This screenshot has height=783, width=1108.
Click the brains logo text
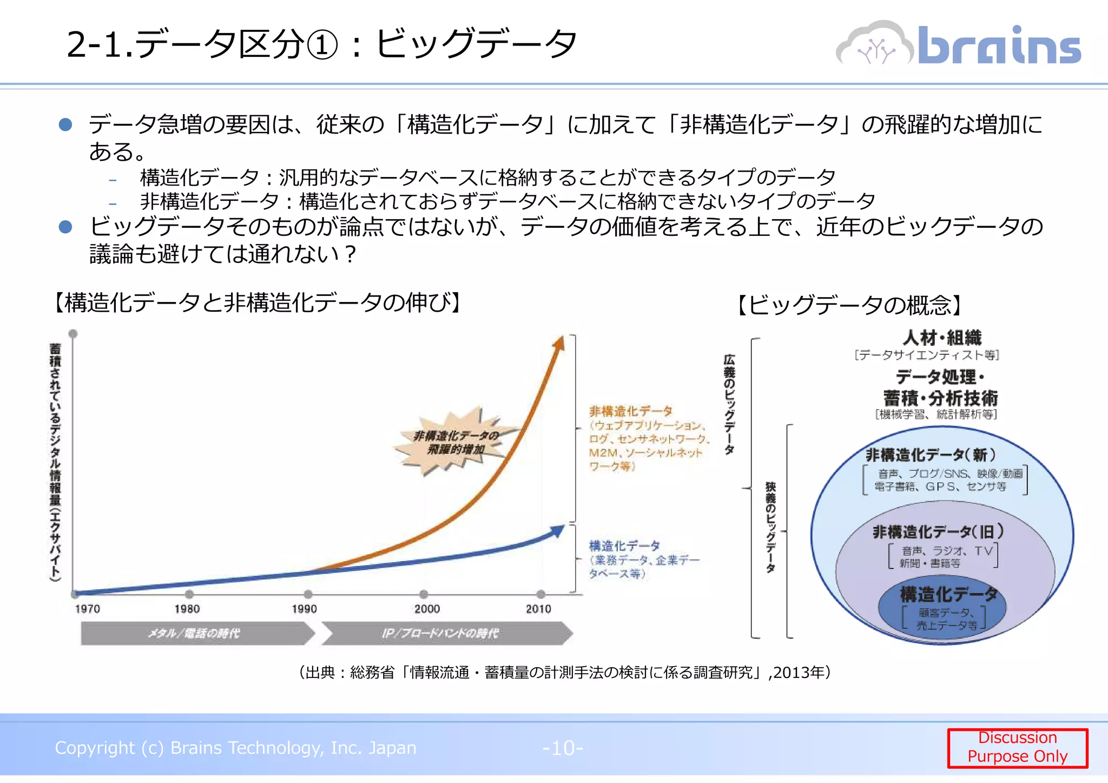point(999,45)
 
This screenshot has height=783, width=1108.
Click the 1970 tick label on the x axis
point(87,609)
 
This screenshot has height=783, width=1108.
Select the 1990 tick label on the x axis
point(304,609)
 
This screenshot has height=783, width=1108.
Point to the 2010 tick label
point(538,609)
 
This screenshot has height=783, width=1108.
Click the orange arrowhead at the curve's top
point(559,344)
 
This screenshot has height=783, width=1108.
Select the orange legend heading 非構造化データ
point(630,411)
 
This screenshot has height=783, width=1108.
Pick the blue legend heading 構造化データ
point(624,545)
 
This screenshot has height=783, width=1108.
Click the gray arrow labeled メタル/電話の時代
point(195,633)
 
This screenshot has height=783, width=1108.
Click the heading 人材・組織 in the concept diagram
point(941,338)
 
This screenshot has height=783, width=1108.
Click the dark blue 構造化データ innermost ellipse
point(944,609)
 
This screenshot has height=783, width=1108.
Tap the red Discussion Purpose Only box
point(1017,747)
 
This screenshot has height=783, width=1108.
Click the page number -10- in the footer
point(563,748)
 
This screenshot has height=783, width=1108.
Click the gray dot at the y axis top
point(73,333)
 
